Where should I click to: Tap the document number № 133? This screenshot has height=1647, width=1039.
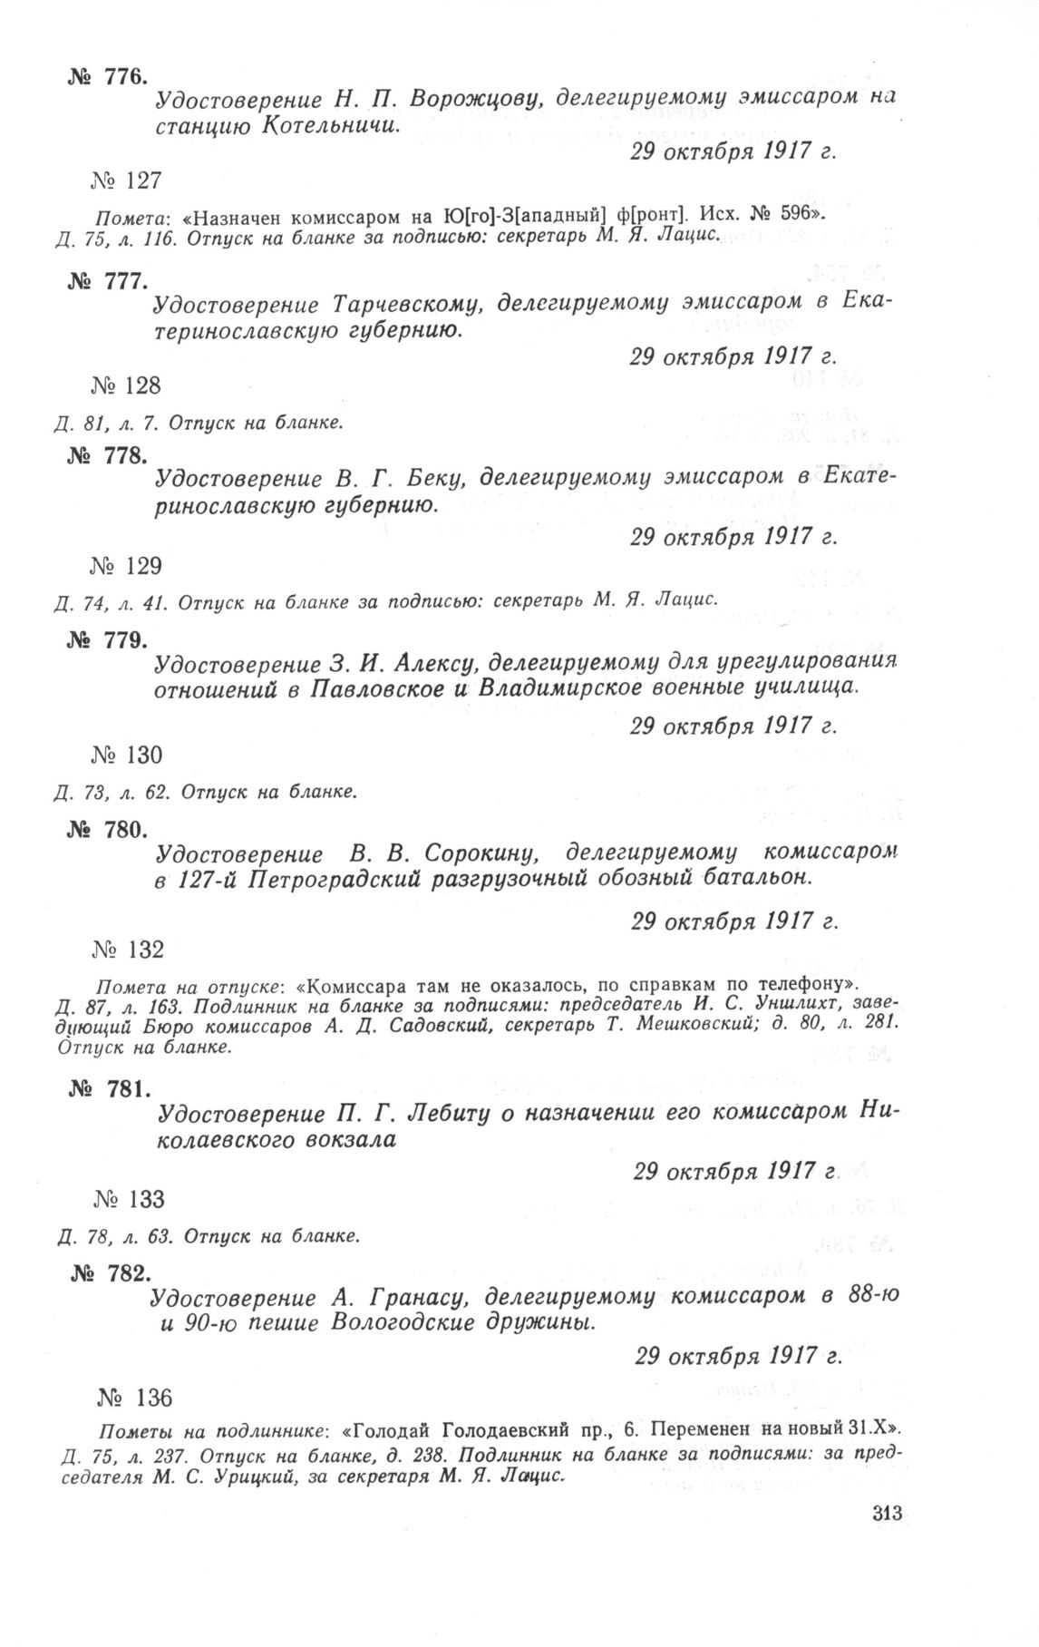coord(128,1200)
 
